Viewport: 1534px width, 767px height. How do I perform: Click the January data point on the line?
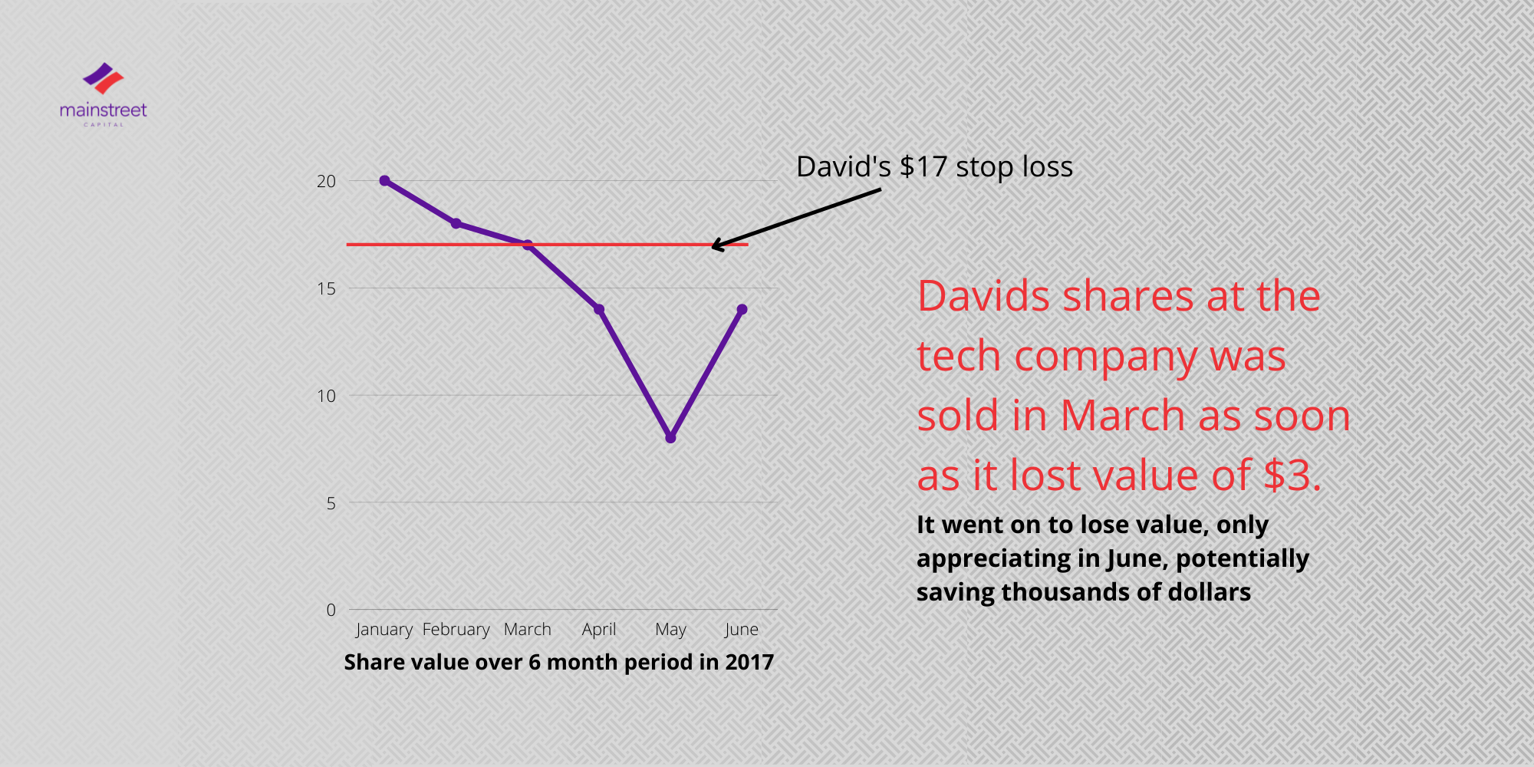[x=384, y=181]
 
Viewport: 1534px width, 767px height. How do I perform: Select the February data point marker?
[x=456, y=223]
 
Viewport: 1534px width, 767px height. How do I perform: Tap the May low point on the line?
[x=670, y=438]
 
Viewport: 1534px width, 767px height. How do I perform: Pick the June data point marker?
[x=742, y=310]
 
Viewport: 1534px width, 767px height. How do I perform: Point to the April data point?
[x=599, y=310]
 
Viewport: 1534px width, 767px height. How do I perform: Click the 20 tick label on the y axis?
[x=326, y=181]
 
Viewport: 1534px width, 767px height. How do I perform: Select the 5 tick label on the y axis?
[x=331, y=503]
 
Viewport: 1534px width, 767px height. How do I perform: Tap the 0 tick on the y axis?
[x=331, y=610]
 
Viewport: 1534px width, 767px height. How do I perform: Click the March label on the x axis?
[x=527, y=630]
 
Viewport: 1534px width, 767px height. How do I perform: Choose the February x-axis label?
[x=456, y=630]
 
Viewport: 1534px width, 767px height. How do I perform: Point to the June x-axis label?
[x=742, y=630]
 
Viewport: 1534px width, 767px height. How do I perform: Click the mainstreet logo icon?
[x=104, y=79]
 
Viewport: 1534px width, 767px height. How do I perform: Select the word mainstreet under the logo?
[x=103, y=110]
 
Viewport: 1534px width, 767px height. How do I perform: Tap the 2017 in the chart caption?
[x=749, y=662]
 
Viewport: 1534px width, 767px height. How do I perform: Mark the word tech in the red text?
[x=959, y=357]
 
